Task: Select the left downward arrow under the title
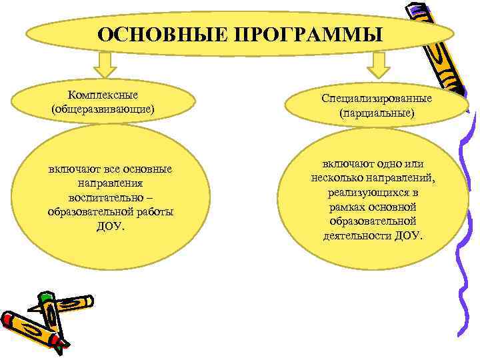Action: (x=105, y=66)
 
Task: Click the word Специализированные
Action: (x=377, y=99)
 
